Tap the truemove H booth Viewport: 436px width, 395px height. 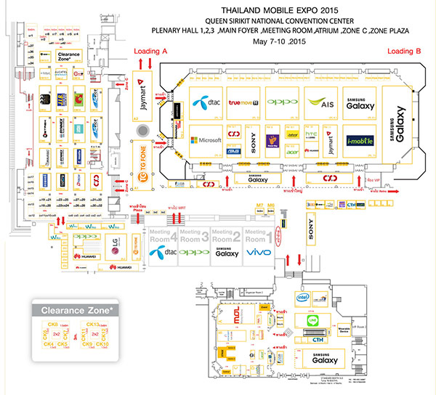244,102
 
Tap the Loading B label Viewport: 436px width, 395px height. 403,52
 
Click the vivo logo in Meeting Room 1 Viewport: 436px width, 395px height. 259,252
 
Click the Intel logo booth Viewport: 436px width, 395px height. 303,297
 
